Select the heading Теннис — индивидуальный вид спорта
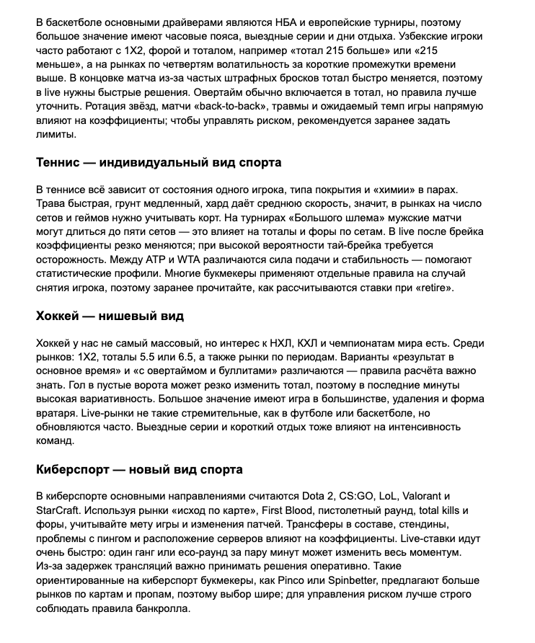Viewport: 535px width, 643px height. (x=159, y=162)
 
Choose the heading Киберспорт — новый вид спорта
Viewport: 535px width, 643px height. (x=139, y=469)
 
